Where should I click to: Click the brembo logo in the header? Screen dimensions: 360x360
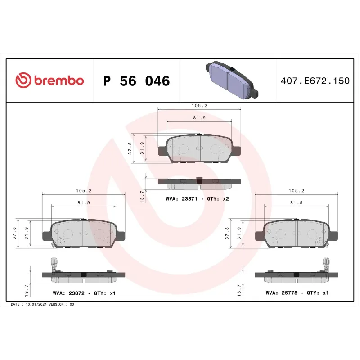(x=49, y=81)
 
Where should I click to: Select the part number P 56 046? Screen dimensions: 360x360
(x=136, y=81)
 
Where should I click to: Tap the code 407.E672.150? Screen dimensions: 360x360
(x=315, y=81)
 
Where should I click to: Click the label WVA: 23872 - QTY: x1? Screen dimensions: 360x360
(x=84, y=293)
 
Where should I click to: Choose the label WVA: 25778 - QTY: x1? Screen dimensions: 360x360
(x=297, y=293)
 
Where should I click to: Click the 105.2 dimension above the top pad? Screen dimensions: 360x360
(x=199, y=106)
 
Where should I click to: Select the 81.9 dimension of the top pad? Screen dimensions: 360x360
(x=199, y=118)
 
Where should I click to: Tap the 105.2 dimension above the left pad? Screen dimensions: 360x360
(x=83, y=191)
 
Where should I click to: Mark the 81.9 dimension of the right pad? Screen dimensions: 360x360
(x=297, y=203)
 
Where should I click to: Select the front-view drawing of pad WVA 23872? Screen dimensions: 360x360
(x=83, y=233)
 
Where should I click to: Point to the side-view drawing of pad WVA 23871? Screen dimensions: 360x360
(x=199, y=182)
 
